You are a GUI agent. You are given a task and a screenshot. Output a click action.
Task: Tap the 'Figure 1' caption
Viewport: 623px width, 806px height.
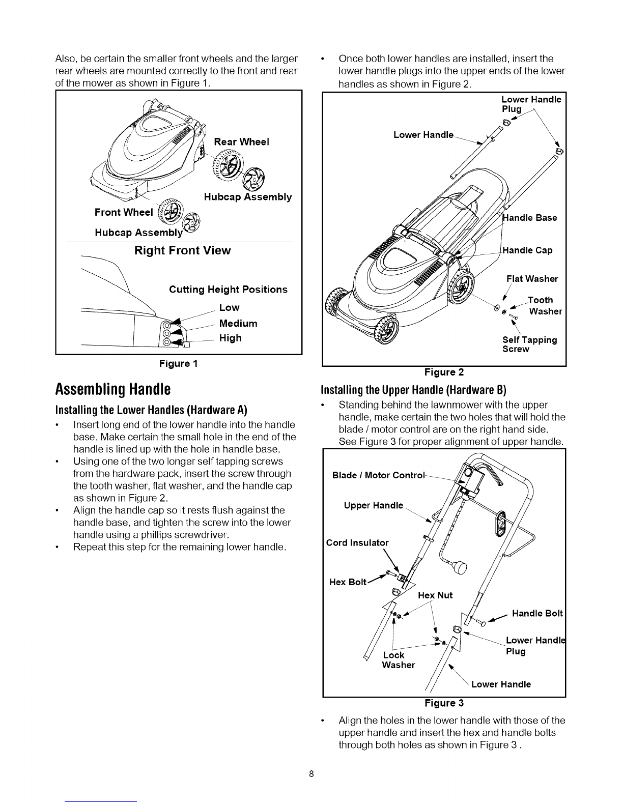pos(178,364)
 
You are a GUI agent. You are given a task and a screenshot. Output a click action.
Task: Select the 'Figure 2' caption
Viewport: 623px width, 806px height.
pos(444,372)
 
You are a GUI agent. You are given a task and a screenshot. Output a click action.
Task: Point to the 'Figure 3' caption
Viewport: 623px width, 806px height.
pos(444,703)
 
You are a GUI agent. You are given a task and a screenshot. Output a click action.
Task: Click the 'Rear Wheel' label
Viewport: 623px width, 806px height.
pos(241,141)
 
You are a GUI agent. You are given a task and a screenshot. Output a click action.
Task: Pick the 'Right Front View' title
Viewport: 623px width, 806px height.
pos(182,250)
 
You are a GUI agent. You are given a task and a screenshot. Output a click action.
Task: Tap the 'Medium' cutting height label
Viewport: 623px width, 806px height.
pos(238,324)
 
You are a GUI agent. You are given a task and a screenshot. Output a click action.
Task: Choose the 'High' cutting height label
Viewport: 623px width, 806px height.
pos(230,338)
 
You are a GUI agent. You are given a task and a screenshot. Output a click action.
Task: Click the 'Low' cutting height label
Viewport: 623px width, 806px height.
pos(229,308)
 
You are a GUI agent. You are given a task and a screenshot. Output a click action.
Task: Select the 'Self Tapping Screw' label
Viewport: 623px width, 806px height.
pos(529,344)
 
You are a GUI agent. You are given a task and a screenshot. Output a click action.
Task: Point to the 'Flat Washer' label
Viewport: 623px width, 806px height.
pos(532,279)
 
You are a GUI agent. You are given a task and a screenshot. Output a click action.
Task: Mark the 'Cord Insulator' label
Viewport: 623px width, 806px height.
pos(357,542)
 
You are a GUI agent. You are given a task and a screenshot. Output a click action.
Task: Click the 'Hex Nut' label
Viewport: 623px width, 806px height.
pos(435,595)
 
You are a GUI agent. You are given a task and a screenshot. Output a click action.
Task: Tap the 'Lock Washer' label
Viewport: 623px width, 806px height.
pos(398,660)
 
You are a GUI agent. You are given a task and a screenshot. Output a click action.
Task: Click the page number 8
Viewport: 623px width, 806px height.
pos(311,774)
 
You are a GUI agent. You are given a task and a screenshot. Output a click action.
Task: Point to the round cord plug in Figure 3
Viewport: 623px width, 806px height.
pos(461,567)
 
